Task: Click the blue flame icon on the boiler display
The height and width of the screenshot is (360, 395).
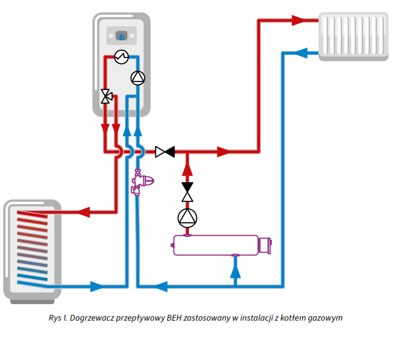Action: pyautogui.click(x=121, y=37)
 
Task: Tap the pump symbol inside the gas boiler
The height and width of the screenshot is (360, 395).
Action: pyautogui.click(x=138, y=78)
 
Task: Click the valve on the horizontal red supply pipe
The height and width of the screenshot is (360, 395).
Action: pyautogui.click(x=165, y=152)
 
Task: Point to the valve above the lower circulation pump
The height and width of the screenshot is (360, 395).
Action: pyautogui.click(x=187, y=192)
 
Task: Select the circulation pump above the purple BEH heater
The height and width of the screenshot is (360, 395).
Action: pyautogui.click(x=187, y=218)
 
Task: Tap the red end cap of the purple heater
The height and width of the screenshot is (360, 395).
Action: pyautogui.click(x=265, y=245)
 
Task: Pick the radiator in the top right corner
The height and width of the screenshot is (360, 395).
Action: pyautogui.click(x=352, y=36)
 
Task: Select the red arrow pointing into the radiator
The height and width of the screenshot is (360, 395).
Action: pyautogui.click(x=298, y=21)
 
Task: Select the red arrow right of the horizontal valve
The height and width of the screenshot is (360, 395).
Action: pyautogui.click(x=224, y=152)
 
